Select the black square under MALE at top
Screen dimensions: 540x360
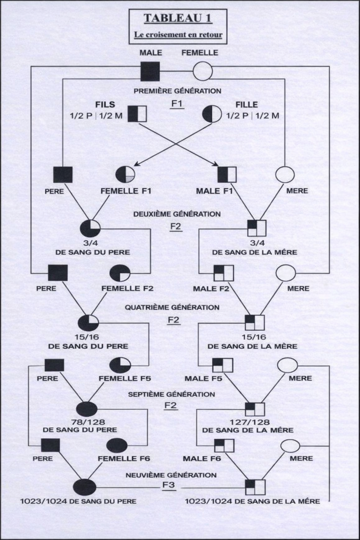[150, 71]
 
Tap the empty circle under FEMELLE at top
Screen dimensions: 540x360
[202, 71]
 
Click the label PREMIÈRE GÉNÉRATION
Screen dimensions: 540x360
[177, 91]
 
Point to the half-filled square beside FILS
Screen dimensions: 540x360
[137, 114]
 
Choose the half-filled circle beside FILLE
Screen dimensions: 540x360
[212, 114]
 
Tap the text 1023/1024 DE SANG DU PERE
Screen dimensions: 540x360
[85, 500]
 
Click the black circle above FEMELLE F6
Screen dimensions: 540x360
[118, 445]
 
